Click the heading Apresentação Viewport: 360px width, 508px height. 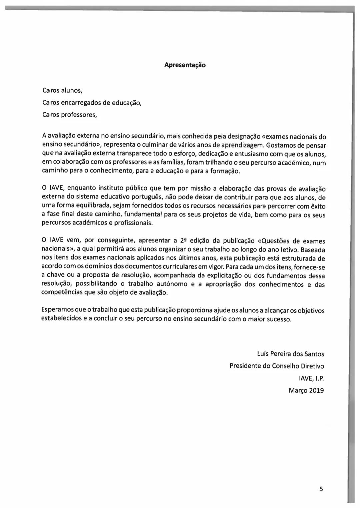[x=185, y=65]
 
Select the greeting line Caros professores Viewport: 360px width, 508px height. [x=70, y=115]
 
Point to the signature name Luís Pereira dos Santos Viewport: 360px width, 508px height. [x=290, y=354]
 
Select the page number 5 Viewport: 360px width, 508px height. [x=321, y=489]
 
